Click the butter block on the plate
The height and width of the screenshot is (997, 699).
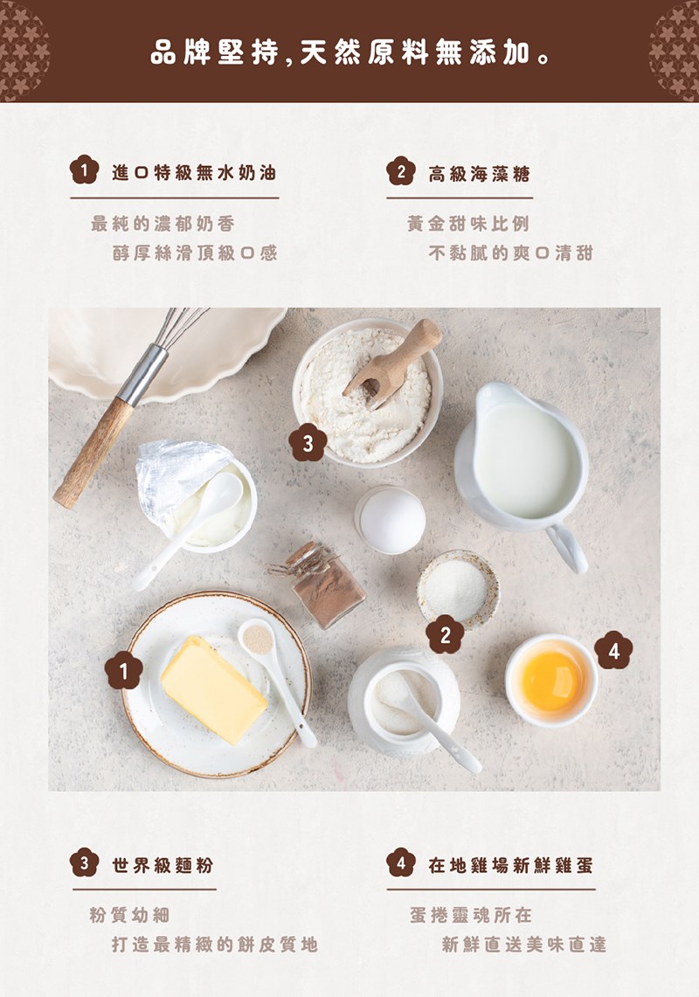214,689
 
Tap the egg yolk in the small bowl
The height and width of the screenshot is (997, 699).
550,681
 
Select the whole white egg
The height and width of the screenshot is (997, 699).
390,519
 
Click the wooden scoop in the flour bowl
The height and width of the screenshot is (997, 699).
392,363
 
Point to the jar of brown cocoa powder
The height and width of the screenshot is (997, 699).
325,585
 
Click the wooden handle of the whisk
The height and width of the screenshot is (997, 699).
93,453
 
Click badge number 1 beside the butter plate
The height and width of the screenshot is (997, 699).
123,670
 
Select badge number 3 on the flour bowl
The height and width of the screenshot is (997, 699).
308,442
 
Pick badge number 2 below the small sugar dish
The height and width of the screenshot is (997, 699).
446,634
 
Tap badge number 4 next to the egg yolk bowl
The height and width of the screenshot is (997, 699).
613,650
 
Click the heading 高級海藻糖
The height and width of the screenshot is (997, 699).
479,174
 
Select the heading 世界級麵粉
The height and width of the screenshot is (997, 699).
163,865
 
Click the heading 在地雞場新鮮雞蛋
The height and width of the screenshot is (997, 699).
511,865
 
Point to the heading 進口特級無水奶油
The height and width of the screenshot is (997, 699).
194,172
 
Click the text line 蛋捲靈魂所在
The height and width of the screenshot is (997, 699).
471,915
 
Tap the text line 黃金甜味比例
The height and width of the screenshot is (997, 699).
468,224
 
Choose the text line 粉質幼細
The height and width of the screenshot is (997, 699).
129,915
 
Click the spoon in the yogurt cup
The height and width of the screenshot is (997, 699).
189,530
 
